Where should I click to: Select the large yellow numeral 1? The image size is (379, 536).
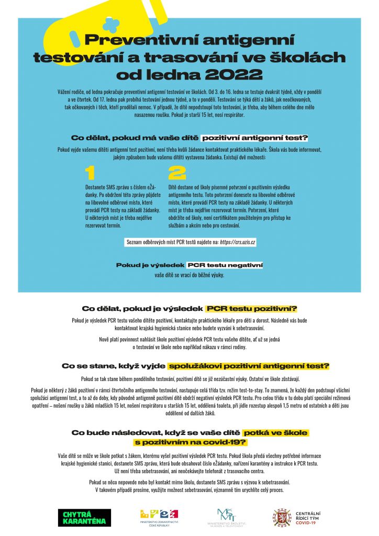(x=90, y=173)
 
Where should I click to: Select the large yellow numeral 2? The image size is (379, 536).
(x=177, y=173)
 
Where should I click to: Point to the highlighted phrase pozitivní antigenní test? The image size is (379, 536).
(x=255, y=138)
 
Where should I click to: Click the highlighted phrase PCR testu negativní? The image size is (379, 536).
(x=225, y=265)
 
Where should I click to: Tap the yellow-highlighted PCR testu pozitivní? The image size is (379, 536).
(x=251, y=309)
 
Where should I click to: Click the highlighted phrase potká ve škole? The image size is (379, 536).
(x=275, y=433)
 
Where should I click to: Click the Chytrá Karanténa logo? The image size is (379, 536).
(x=84, y=518)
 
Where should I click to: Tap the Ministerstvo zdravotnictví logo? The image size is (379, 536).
(x=159, y=517)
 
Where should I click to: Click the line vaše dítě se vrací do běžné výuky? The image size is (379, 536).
(x=189, y=275)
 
